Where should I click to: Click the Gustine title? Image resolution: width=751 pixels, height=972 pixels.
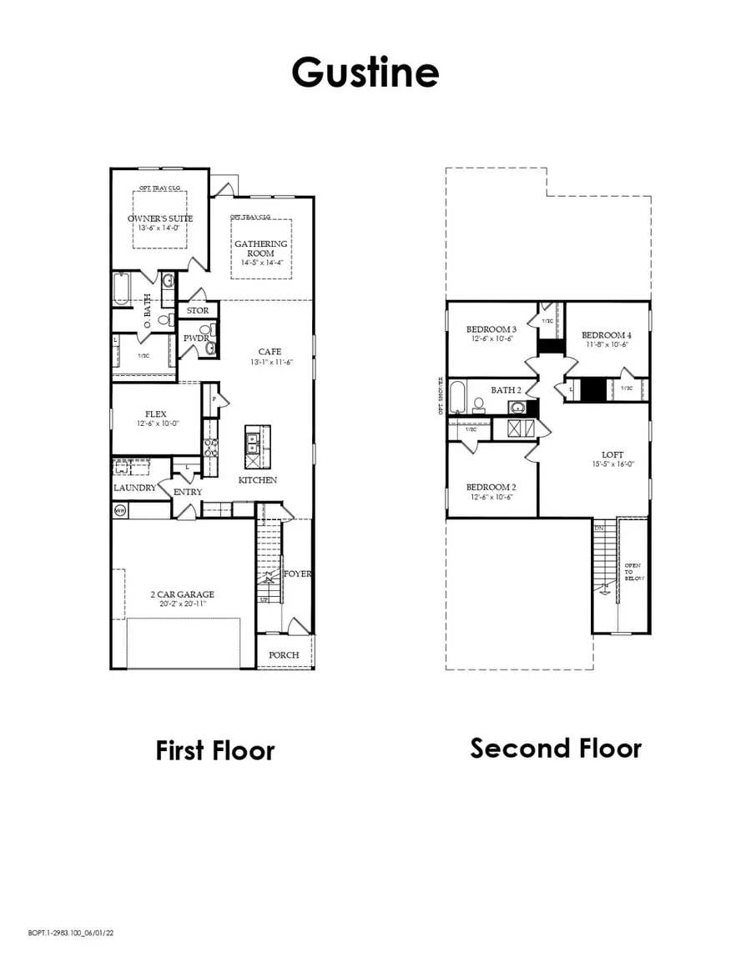[365, 73]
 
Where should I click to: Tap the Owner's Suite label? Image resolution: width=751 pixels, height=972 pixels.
[160, 218]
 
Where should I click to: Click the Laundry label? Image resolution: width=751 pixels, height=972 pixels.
[134, 488]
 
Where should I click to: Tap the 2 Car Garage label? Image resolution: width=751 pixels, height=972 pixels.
[182, 594]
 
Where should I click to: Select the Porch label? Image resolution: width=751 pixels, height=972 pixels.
[284, 654]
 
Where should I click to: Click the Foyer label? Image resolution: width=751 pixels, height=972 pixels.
[298, 574]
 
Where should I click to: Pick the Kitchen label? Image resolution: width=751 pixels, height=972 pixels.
[257, 480]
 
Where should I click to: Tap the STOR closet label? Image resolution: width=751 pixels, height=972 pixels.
[198, 311]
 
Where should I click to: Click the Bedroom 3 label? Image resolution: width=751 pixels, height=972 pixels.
[490, 329]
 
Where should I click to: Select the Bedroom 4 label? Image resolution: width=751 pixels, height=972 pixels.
[605, 334]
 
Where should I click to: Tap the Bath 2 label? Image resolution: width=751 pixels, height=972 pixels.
[506, 389]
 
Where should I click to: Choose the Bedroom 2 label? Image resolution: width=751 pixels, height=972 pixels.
[489, 487]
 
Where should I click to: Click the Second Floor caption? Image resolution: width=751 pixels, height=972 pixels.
[556, 748]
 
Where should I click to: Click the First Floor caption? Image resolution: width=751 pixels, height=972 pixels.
[214, 750]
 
